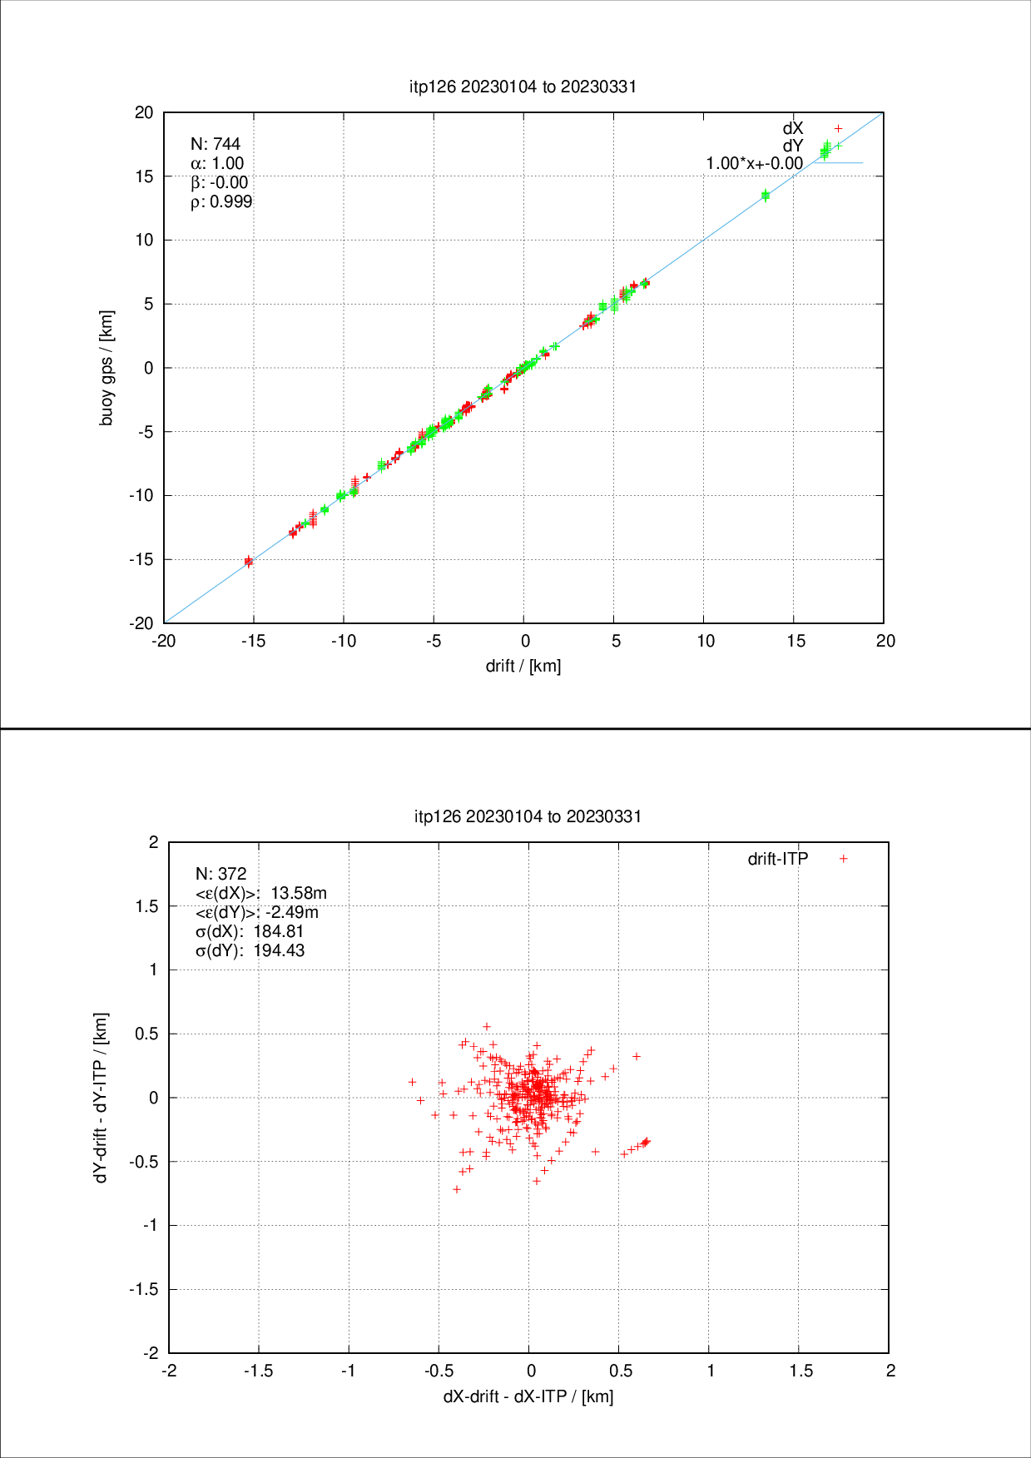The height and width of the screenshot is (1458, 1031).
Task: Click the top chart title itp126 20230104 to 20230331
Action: (x=523, y=87)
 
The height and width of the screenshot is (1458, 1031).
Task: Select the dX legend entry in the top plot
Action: (x=793, y=128)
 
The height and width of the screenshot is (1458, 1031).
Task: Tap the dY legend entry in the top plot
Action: (x=793, y=146)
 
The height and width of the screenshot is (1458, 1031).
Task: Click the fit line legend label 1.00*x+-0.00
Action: (x=754, y=163)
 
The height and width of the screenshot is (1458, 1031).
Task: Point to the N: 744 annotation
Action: (x=216, y=144)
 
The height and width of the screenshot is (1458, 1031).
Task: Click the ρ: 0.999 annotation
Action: (x=221, y=201)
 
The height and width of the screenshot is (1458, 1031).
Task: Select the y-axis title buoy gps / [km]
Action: (x=107, y=368)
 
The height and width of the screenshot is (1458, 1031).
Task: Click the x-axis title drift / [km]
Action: (x=523, y=666)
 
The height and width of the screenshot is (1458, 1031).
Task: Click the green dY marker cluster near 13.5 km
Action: (x=766, y=196)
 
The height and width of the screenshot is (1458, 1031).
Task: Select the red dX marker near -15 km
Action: (x=248, y=562)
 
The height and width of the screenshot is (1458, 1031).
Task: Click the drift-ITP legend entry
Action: (x=778, y=859)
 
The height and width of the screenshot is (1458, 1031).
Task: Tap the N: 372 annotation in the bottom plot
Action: (x=221, y=874)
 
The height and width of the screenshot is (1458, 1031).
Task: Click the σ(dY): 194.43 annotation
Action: (x=250, y=950)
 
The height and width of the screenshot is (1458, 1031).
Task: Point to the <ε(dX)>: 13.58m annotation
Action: (x=260, y=893)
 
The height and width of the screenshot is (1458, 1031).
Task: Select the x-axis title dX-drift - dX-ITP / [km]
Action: (x=528, y=1396)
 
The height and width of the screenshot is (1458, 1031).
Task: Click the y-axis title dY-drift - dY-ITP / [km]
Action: (x=101, y=1098)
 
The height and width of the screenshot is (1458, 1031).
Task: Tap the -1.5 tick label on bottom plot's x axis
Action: (x=258, y=1371)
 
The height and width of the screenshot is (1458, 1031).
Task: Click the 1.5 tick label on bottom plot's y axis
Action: (x=146, y=906)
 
